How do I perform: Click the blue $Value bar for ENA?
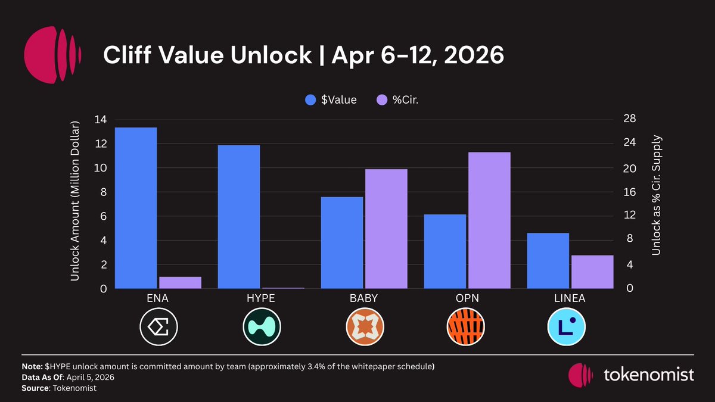coord(136,208)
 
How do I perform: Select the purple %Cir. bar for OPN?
coord(489,220)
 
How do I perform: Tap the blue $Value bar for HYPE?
coord(239,217)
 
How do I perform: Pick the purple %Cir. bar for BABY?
coord(386,229)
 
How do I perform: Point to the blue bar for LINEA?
coord(548,260)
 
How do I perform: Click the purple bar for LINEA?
coord(592,272)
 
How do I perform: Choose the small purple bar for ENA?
coord(181,282)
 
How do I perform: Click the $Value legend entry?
coord(331,100)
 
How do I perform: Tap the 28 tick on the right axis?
coord(630,120)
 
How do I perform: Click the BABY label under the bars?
coord(364,298)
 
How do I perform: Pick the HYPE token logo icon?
coord(262,326)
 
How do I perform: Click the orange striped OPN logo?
coord(465,326)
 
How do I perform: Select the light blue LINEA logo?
coord(567,326)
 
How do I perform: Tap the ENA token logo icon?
coord(158,326)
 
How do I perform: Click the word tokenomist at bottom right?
coord(649,375)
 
